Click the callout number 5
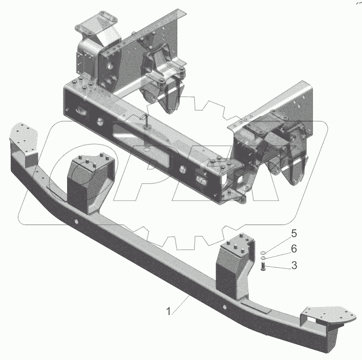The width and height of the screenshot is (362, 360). pyautogui.click(x=294, y=234)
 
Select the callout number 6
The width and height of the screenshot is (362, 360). pyautogui.click(x=294, y=249)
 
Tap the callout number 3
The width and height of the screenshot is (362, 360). pyautogui.click(x=294, y=265)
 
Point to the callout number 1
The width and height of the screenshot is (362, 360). pyautogui.click(x=169, y=311)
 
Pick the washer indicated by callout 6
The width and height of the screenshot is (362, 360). pyautogui.click(x=263, y=258)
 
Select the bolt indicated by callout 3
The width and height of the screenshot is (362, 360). pyautogui.click(x=263, y=266)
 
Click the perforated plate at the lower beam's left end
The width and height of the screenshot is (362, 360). pyautogui.click(x=23, y=136)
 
